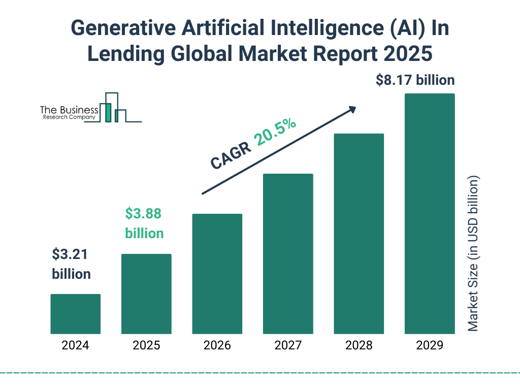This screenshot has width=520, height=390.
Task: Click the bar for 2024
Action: (x=75, y=314)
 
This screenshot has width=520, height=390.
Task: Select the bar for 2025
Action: (x=146, y=294)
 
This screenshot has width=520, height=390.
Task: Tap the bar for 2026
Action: (x=217, y=274)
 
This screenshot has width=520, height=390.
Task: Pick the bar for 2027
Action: (x=288, y=254)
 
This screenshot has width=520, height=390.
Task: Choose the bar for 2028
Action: (x=359, y=234)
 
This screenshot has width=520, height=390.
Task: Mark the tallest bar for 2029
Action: (x=430, y=214)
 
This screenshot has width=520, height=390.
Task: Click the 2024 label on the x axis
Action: (x=75, y=346)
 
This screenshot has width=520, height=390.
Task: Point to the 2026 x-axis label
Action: (x=217, y=346)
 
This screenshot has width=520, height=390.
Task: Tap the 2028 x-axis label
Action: (x=359, y=346)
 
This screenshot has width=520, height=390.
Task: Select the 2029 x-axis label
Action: (x=430, y=346)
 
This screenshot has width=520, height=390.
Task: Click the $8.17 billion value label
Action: (x=415, y=80)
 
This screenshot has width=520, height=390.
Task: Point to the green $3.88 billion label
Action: (x=144, y=223)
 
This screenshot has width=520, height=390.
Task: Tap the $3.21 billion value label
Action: (x=71, y=264)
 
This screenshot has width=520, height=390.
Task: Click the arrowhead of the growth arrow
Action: (x=351, y=109)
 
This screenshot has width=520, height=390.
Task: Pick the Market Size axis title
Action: (x=473, y=254)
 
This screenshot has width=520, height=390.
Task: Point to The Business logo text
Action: (x=69, y=110)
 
